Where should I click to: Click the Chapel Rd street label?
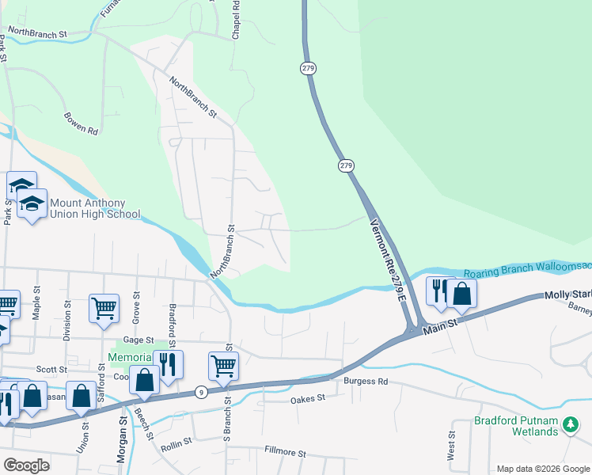236,17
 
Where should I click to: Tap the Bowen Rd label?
81,123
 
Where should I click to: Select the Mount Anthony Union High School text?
95,208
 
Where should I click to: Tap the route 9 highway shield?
202,392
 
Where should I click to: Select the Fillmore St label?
285,452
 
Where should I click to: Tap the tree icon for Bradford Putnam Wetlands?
570,426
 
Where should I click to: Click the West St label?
451,445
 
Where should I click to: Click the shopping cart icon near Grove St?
104,308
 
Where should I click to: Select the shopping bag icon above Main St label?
461,294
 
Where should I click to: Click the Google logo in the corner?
26,465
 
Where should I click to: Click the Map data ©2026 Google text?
543,469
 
